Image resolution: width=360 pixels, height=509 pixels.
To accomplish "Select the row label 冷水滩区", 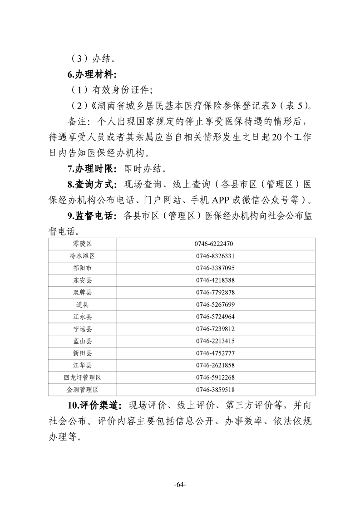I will coord(82,256).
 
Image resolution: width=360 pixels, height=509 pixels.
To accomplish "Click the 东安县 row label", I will coord(82,280).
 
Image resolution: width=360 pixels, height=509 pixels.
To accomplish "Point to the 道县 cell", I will coord(82,304).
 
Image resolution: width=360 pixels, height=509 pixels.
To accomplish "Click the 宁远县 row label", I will coord(82,328).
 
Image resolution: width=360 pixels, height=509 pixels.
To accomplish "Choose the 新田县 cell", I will coord(82,353).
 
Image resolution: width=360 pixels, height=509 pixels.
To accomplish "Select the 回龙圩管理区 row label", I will coord(82,377).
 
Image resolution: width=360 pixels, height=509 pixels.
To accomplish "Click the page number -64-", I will coord(180,485).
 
